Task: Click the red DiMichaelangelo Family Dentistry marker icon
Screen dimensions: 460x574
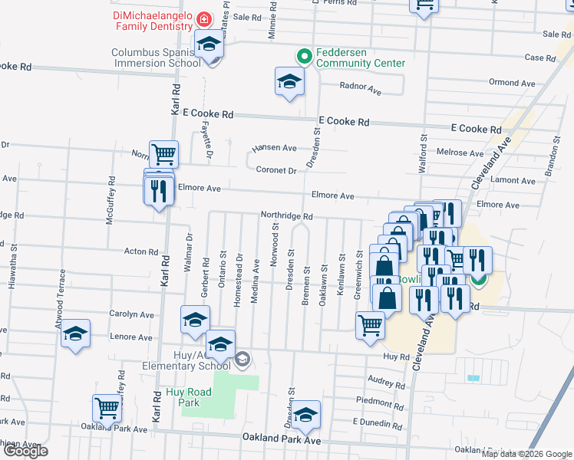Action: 204,18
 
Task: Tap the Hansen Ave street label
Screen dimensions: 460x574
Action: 275,147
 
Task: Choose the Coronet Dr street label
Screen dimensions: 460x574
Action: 276,170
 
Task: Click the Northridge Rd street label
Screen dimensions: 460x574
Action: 286,216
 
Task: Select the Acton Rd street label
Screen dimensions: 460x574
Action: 141,251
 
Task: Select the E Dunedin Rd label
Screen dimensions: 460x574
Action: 378,422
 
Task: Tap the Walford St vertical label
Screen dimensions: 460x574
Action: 422,148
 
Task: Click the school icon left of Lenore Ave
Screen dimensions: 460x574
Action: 76,333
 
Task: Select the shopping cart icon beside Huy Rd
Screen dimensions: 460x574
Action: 371,324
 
